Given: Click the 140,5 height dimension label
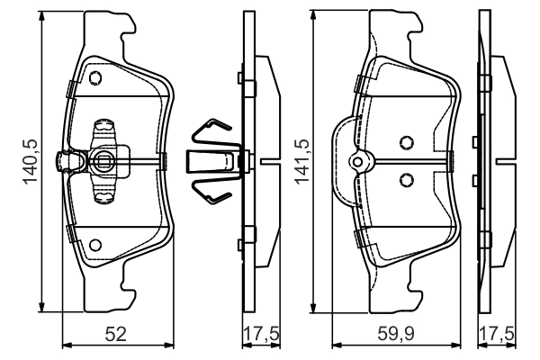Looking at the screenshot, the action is (x=31, y=161).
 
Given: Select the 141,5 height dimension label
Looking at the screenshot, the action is (x=301, y=161).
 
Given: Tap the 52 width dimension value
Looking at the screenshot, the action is (x=116, y=334).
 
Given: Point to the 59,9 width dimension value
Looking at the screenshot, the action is (x=396, y=334).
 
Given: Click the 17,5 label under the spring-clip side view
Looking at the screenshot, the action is (x=261, y=334).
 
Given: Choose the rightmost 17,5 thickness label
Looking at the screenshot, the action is (x=496, y=334).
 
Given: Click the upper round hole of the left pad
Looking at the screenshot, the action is (x=95, y=78).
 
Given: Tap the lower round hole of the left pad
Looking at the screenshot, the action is (x=95, y=245).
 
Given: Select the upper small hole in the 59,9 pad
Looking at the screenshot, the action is (x=407, y=142).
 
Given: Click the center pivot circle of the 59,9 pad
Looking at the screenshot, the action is (x=358, y=162).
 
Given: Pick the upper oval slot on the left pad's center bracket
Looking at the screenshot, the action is (x=104, y=127).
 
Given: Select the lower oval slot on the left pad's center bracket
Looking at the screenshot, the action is (x=104, y=196).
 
